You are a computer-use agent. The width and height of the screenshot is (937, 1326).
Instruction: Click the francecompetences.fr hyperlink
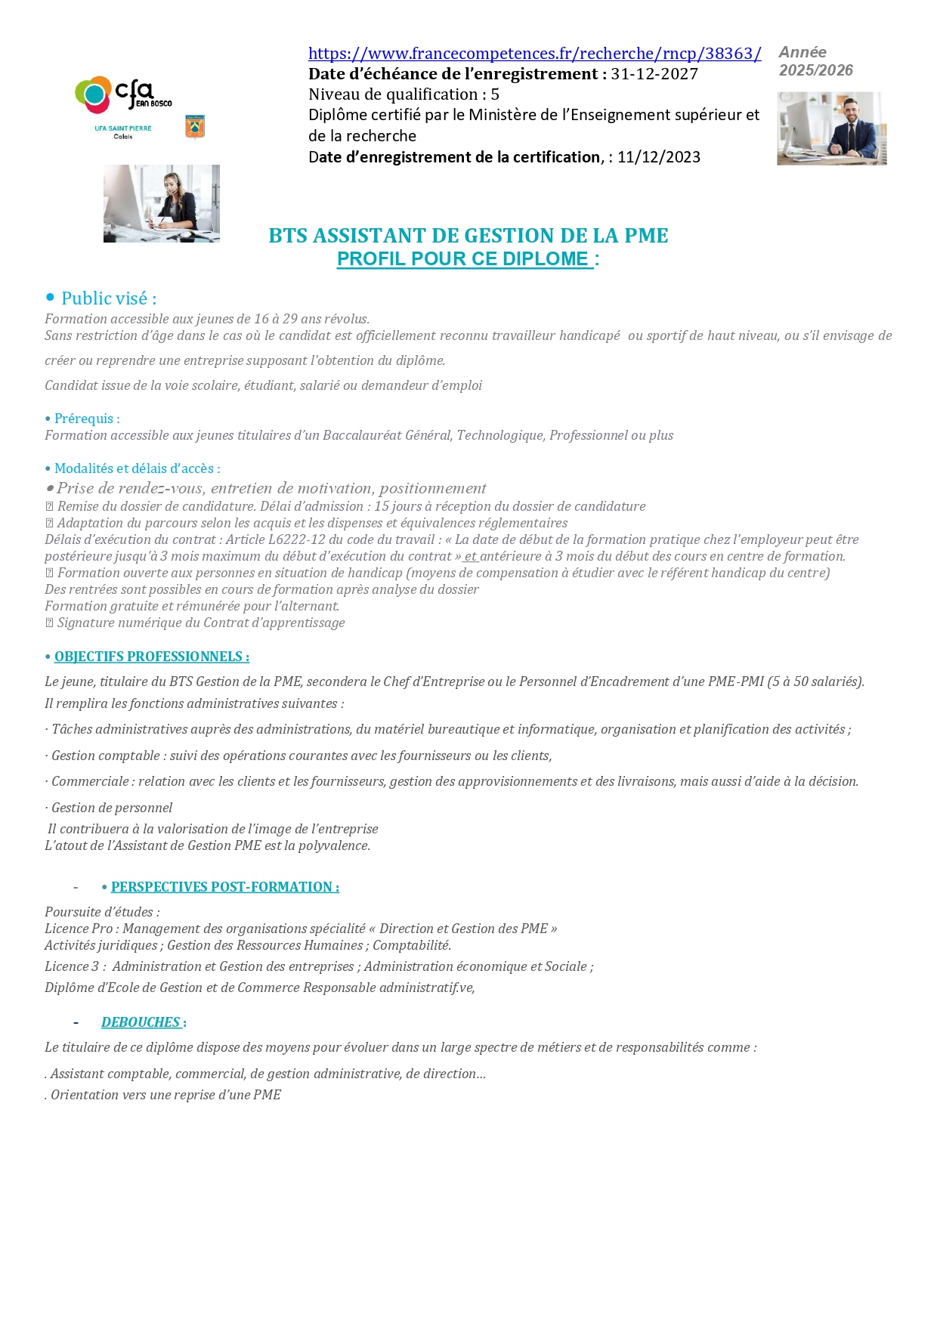pos(534,54)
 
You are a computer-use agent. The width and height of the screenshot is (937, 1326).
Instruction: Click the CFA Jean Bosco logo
pos(123,94)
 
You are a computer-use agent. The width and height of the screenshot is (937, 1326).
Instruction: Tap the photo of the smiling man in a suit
pos(831,128)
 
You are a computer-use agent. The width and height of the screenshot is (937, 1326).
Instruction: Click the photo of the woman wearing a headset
pos(162,203)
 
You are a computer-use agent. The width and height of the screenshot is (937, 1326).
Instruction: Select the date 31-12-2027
pos(654,74)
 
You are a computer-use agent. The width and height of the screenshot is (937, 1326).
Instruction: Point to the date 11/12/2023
pos(659,157)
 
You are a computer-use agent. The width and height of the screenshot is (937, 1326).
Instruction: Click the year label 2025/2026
pos(816,70)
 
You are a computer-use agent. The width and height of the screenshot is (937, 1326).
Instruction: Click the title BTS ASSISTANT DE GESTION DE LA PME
pos(468,236)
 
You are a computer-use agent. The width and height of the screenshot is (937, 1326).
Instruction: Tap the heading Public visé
pos(109,298)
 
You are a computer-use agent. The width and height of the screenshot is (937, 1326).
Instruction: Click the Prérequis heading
pos(87,419)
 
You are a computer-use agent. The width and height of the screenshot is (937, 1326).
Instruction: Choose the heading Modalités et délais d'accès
pos(137,468)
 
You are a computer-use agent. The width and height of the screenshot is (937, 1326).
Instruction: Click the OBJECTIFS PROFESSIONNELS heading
pos(151,657)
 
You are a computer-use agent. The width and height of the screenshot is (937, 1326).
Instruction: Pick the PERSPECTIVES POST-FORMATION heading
pos(224,887)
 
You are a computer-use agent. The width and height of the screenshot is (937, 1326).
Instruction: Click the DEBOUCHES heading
pos(141,1022)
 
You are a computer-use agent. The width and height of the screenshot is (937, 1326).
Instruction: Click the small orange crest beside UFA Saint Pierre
pos(195,126)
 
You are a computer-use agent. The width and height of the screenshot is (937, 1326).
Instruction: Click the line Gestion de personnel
pos(111,808)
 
